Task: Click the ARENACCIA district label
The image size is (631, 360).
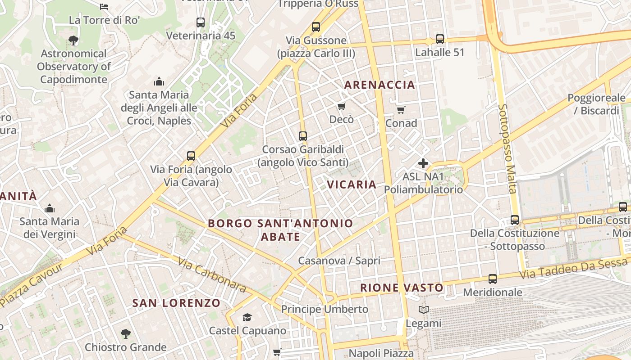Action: point(380,85)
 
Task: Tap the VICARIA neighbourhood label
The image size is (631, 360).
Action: point(352,184)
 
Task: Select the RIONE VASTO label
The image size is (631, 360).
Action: point(402,288)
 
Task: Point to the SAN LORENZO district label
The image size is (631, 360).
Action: point(176,303)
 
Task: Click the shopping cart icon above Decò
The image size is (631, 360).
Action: point(341,107)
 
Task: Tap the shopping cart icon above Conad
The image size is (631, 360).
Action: point(401,110)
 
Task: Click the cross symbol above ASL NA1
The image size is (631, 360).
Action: point(423,163)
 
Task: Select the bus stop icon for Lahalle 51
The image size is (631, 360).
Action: point(439,39)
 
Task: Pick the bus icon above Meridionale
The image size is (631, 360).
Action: point(492,279)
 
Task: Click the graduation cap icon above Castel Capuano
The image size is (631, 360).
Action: point(247,318)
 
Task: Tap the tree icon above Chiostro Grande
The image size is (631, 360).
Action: point(125,334)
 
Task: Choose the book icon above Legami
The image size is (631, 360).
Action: point(423,310)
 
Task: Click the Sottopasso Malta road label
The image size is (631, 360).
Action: point(507,149)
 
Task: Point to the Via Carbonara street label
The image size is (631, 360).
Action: point(211,274)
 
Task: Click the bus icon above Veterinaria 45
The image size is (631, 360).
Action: point(201,22)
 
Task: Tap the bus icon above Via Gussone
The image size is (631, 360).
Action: point(315,27)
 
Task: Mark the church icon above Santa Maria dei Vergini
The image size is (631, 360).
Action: point(49,208)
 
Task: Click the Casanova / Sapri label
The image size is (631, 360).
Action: point(339,261)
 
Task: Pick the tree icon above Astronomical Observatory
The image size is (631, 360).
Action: point(73,40)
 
